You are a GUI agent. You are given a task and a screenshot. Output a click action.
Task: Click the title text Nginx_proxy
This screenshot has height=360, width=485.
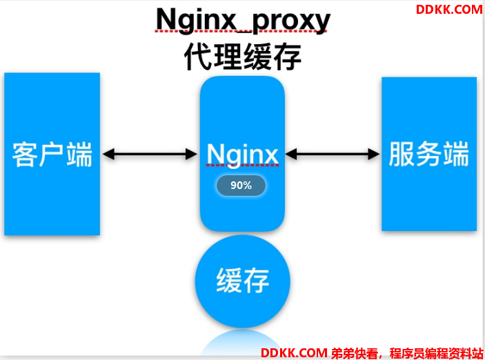(243, 21)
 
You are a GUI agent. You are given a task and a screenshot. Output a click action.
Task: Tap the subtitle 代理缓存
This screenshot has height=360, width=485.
(243, 57)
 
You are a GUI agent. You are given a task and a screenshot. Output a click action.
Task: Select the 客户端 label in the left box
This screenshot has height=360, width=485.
(52, 154)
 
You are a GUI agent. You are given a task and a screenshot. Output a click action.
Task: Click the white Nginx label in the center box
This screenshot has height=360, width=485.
(243, 155)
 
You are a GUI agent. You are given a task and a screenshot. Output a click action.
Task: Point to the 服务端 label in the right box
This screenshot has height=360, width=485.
(428, 154)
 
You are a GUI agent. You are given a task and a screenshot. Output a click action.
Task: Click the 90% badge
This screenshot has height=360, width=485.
(241, 186)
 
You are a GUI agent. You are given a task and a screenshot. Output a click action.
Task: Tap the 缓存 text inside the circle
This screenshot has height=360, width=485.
(243, 281)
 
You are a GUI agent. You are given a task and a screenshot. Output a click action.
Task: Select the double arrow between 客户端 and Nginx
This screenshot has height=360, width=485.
(150, 154)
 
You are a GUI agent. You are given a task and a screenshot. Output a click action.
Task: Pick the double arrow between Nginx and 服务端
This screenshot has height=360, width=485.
(333, 154)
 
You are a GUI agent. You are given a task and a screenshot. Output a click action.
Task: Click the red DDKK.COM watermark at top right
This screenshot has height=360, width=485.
(449, 10)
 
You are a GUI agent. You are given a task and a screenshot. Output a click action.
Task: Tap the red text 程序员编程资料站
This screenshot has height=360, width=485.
(437, 353)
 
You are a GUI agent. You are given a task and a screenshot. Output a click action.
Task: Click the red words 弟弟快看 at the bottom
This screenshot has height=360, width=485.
(355, 353)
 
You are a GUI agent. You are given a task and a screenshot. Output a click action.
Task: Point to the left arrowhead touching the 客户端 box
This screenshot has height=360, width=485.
(108, 154)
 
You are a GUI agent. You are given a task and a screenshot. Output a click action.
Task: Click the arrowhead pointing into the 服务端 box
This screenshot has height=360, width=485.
(374, 154)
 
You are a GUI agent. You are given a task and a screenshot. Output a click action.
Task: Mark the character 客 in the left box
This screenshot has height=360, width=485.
(25, 154)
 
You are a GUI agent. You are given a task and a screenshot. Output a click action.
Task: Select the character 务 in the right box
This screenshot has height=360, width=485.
(428, 154)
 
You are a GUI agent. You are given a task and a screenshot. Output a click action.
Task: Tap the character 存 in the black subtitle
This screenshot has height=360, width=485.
(288, 57)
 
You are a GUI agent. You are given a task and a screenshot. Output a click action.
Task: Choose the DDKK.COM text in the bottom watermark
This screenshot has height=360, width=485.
(294, 353)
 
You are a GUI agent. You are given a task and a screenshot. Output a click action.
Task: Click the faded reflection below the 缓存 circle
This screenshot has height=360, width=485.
(242, 343)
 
